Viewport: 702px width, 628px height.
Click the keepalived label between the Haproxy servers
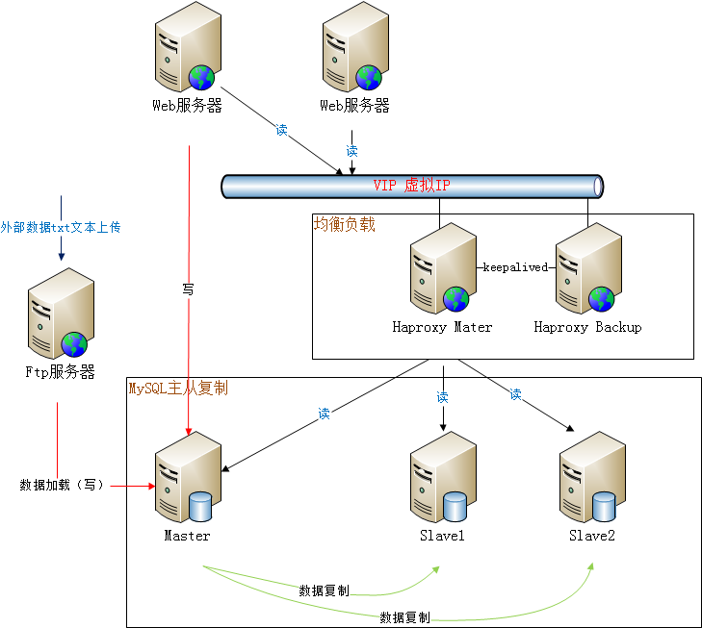pyautogui.click(x=514, y=267)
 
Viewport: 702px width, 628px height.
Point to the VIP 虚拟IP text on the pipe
pyautogui.click(x=411, y=185)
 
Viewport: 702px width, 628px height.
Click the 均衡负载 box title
pyautogui.click(x=345, y=224)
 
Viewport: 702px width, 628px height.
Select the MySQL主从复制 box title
pyautogui.click(x=178, y=388)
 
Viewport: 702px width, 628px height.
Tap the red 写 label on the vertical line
pyautogui.click(x=188, y=288)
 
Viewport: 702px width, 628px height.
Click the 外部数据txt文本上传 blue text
pyautogui.click(x=61, y=227)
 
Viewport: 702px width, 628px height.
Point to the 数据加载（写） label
pyautogui.click(x=62, y=485)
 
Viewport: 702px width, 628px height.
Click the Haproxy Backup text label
pyautogui.click(x=587, y=327)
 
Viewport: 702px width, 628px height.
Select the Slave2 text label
pyautogui.click(x=591, y=536)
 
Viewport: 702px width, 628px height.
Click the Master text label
pyautogui.click(x=187, y=536)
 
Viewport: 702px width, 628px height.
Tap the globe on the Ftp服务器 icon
pyautogui.click(x=74, y=343)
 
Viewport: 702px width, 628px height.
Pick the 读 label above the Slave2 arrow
pyautogui.click(x=516, y=394)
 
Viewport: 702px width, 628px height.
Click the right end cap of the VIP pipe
pyautogui.click(x=598, y=186)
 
